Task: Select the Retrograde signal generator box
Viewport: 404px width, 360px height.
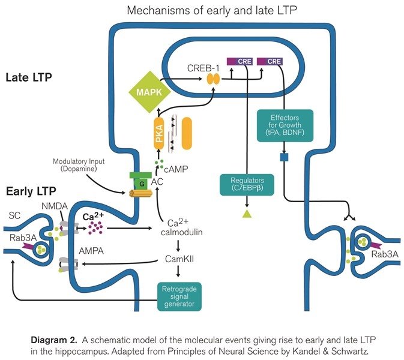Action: click(180, 296)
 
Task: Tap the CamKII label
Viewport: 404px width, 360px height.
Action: click(179, 260)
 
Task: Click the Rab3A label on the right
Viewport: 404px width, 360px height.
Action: click(383, 254)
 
